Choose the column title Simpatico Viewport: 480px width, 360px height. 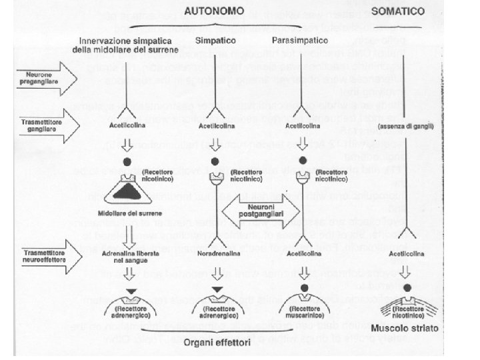214,40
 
